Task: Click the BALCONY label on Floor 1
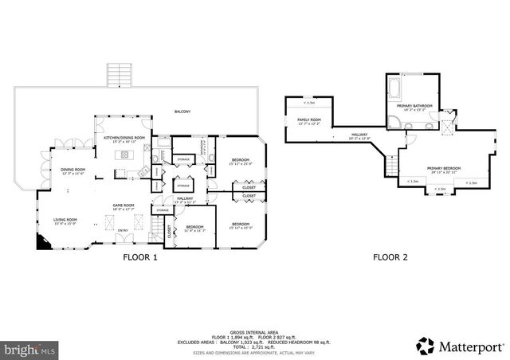coord(183,112)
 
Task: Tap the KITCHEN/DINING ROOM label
coord(124,139)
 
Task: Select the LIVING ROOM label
coord(65,220)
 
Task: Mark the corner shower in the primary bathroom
coord(395,122)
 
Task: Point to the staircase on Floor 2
coord(390,166)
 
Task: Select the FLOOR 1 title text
coord(140,257)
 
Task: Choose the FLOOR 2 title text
coord(391,257)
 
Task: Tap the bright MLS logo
coord(29,348)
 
